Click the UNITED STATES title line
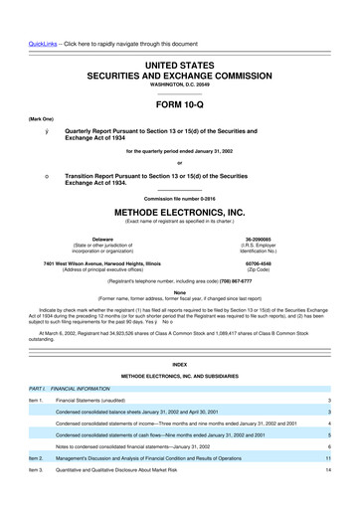(180, 36)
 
